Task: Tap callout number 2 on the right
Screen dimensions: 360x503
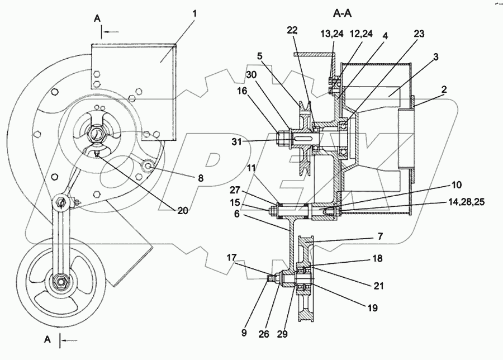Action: click(x=435, y=57)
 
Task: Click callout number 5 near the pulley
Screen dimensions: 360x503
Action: click(x=260, y=56)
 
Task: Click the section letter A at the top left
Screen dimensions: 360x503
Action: click(x=97, y=18)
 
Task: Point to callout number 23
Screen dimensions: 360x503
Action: click(x=419, y=34)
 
